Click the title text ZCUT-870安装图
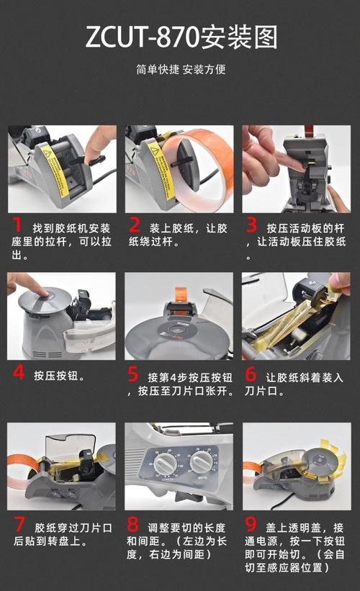[181, 37]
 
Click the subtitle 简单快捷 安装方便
[181, 70]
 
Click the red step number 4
[18, 374]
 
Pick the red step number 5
[133, 374]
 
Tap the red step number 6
[251, 374]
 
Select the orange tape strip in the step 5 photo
[180, 293]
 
